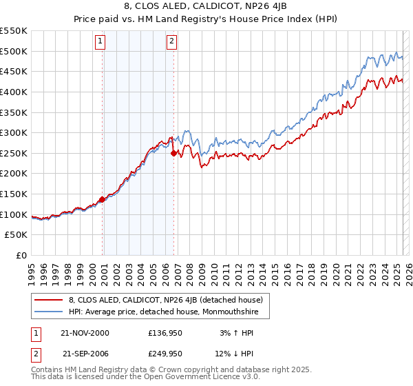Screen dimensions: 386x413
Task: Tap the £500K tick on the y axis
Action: pyautogui.click(x=14, y=51)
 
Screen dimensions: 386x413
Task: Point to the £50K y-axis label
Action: pyautogui.click(x=17, y=235)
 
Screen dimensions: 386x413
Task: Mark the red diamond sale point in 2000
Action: pyautogui.click(x=102, y=199)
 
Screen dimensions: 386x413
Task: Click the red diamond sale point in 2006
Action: pyautogui.click(x=174, y=153)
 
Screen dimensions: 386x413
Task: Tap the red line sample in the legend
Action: pyautogui.click(x=48, y=300)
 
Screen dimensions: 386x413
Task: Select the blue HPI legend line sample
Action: pyautogui.click(x=48, y=312)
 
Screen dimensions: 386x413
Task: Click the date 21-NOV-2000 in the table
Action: pyautogui.click(x=85, y=334)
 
